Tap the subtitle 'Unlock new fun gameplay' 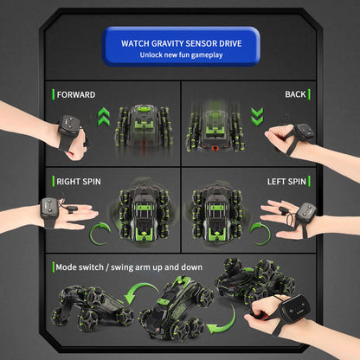[x=181, y=55]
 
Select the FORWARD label [x=76, y=94]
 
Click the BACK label [x=295, y=94]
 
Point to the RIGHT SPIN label [x=79, y=182]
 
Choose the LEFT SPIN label [x=286, y=182]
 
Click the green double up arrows [x=104, y=117]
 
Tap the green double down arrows [x=257, y=117]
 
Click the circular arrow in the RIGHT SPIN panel [x=100, y=234]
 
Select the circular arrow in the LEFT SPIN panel [x=260, y=234]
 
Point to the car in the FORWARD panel [x=145, y=132]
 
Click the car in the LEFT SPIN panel [x=217, y=214]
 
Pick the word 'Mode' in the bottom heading [x=65, y=267]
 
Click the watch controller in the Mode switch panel [x=295, y=310]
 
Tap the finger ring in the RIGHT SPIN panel [x=71, y=209]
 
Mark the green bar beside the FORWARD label [x=53, y=94]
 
